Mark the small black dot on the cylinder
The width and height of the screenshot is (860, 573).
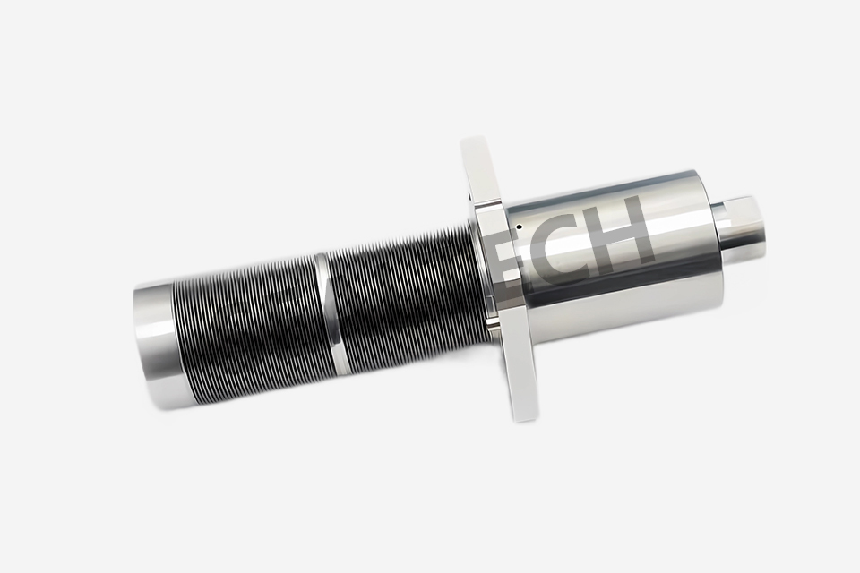[520, 227]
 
